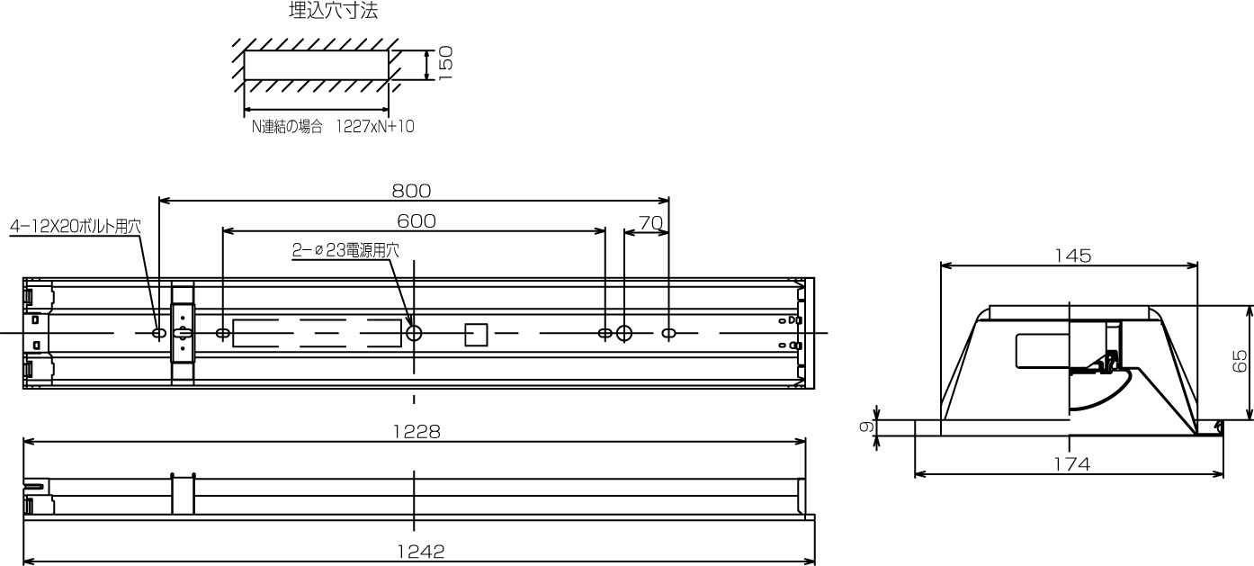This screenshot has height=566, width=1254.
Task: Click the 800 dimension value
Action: click(411, 191)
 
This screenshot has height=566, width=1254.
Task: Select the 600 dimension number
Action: click(416, 221)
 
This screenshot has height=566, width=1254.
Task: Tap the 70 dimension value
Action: click(650, 223)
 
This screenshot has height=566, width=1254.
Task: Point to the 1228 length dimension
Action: click(417, 432)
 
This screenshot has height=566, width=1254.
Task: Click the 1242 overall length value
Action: click(421, 552)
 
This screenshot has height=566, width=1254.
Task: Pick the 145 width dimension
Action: click(1072, 256)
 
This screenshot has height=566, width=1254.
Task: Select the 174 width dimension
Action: click(1072, 464)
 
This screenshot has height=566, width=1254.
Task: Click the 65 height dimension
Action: click(1240, 361)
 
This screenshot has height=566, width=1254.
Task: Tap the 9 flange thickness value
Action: click(866, 427)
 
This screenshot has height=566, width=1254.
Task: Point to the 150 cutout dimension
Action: click(445, 63)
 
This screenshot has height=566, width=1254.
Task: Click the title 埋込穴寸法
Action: click(333, 11)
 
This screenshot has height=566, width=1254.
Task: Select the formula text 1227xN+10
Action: click(375, 127)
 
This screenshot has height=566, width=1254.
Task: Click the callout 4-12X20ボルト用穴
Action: click(76, 227)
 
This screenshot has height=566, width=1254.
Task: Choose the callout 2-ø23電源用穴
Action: click(346, 250)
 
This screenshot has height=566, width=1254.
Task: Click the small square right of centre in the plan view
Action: click(476, 335)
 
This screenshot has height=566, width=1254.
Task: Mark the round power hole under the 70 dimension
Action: click(624, 334)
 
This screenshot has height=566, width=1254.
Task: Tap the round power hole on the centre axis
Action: click(414, 334)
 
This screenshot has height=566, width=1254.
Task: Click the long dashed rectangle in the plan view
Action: click(318, 333)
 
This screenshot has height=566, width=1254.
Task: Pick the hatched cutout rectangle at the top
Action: click(317, 65)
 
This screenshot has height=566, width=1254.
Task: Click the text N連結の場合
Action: click(287, 127)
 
